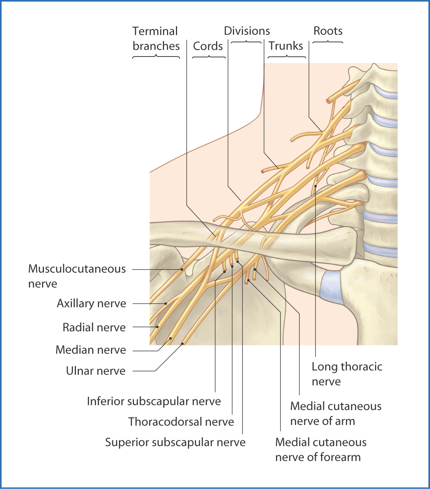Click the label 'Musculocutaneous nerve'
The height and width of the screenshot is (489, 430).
pyautogui.click(x=77, y=276)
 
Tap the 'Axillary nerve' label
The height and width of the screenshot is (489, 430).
pyautogui.click(x=92, y=303)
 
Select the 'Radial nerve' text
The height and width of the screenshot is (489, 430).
pyautogui.click(x=94, y=327)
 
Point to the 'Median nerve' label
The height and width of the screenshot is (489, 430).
pyautogui.click(x=91, y=350)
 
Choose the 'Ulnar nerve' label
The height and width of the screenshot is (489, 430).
pyautogui.click(x=96, y=371)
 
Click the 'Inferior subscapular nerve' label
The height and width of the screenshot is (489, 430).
pyautogui.click(x=154, y=401)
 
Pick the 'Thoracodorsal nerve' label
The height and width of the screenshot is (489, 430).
pyautogui.click(x=181, y=422)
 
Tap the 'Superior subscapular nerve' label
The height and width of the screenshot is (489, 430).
pyautogui.click(x=175, y=442)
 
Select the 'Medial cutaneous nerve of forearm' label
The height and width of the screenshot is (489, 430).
pyautogui.click(x=321, y=450)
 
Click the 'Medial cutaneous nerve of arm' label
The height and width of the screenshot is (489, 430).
pyautogui.click(x=336, y=414)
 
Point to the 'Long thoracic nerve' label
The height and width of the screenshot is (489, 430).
pyautogui.click(x=347, y=374)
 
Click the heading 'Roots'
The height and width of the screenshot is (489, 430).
pyautogui.click(x=328, y=31)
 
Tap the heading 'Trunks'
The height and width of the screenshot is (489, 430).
pyautogui.click(x=286, y=46)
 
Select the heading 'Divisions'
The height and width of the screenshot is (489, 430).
pyautogui.click(x=247, y=31)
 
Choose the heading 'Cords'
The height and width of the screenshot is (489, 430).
pyautogui.click(x=208, y=46)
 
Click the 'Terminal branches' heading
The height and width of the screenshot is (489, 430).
pyautogui.click(x=156, y=38)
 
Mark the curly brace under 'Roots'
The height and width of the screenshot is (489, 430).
pyautogui.click(x=328, y=42)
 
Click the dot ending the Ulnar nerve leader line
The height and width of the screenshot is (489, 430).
pyautogui.click(x=183, y=344)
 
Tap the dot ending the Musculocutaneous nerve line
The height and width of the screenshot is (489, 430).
pyautogui.click(x=182, y=269)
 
